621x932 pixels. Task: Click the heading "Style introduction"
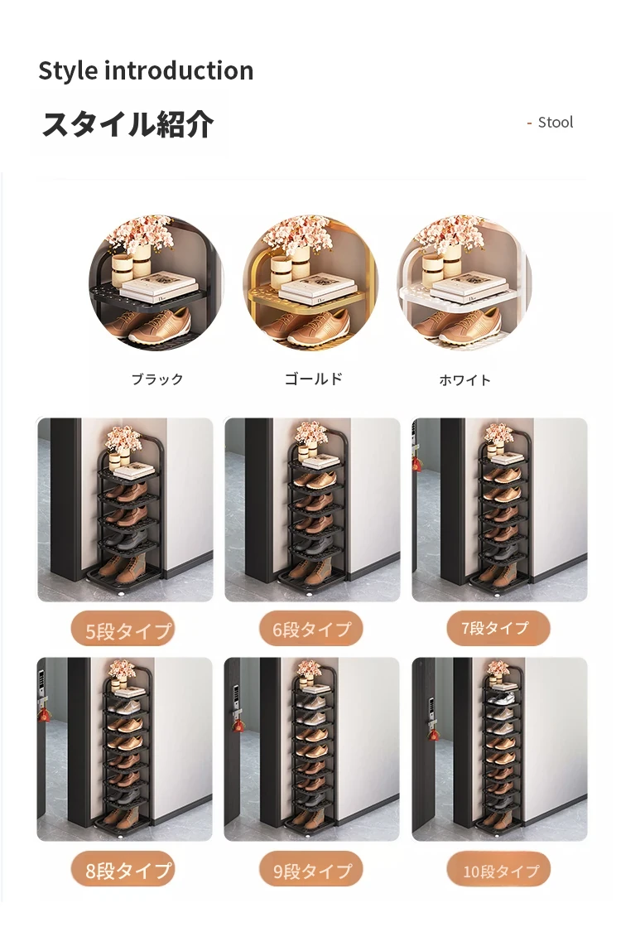pyautogui.click(x=146, y=70)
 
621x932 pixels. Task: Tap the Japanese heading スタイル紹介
pyautogui.click(x=128, y=124)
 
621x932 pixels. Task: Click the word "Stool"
pyautogui.click(x=556, y=123)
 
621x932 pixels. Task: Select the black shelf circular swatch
pyautogui.click(x=156, y=283)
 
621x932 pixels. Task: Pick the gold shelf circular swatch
pyautogui.click(x=310, y=283)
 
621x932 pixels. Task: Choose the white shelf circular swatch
pyautogui.click(x=465, y=283)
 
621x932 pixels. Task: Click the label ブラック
pyautogui.click(x=157, y=379)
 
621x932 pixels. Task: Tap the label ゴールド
pyautogui.click(x=314, y=379)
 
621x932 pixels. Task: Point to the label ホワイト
pyautogui.click(x=465, y=379)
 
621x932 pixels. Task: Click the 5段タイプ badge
pyautogui.click(x=123, y=629)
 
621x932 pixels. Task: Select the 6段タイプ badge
pyautogui.click(x=310, y=629)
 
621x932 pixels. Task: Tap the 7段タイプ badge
pyautogui.click(x=498, y=628)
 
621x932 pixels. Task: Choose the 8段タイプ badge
pyautogui.click(x=123, y=870)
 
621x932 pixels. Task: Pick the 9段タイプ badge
pyautogui.click(x=310, y=870)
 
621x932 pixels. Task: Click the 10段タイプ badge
pyautogui.click(x=498, y=870)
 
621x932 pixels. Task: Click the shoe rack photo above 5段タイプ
pyautogui.click(x=125, y=509)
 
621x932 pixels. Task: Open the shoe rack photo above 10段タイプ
pyautogui.click(x=499, y=749)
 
